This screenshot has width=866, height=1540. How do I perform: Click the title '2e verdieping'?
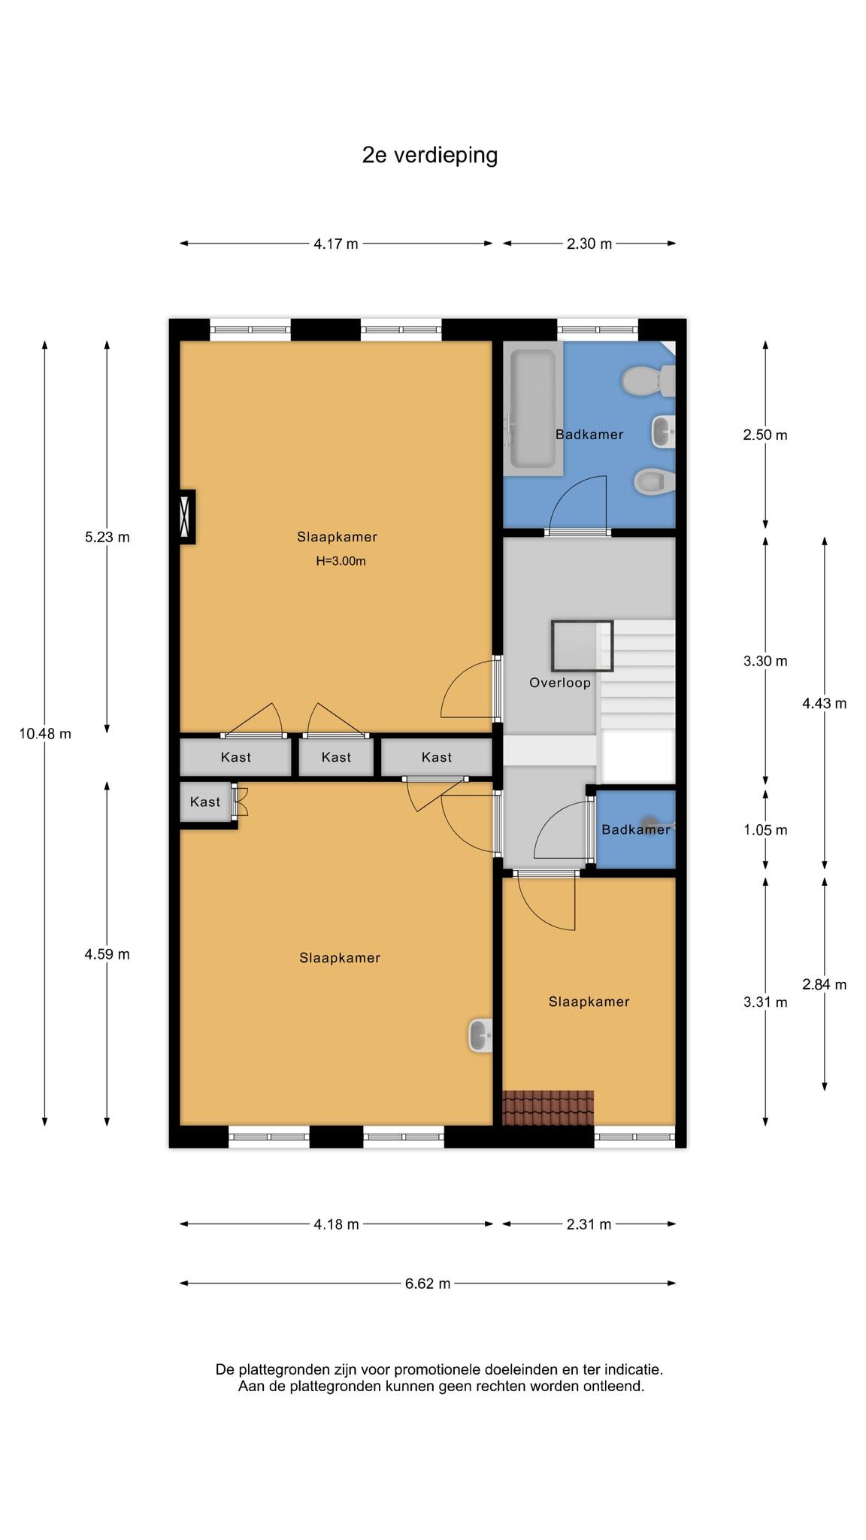coord(430,156)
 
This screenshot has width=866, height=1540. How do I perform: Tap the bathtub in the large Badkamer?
coord(533,408)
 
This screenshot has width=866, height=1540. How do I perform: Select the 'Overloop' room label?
coord(560,683)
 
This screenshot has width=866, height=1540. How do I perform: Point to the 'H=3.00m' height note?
coord(341,561)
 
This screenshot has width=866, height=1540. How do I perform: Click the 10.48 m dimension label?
coord(45,734)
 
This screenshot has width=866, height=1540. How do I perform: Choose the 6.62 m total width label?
coord(428,1284)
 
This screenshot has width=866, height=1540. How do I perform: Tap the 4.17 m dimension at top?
coord(336,244)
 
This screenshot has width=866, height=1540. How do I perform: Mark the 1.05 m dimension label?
coord(765,830)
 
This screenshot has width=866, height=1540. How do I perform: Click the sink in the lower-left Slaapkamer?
coord(480,1035)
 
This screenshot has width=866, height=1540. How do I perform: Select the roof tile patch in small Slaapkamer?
coord(548,1108)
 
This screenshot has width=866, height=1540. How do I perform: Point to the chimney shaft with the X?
coord(186,517)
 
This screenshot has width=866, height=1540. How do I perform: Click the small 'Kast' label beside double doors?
coord(205,802)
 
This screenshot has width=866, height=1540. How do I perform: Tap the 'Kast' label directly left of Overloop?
coord(437,757)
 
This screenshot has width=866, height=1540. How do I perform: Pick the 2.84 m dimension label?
coord(825,984)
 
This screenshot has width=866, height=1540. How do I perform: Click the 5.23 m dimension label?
coord(107,538)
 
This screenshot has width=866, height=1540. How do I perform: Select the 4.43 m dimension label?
coord(825,704)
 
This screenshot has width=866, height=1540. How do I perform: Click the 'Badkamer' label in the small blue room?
coord(636,829)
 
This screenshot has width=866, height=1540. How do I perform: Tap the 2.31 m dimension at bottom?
coord(589,1224)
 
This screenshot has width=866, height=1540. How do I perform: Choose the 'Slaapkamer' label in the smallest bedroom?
coord(589,1002)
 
